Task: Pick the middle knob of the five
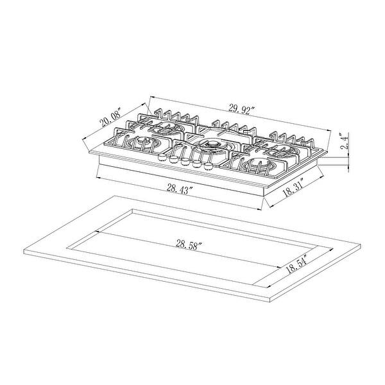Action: point(184,163)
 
